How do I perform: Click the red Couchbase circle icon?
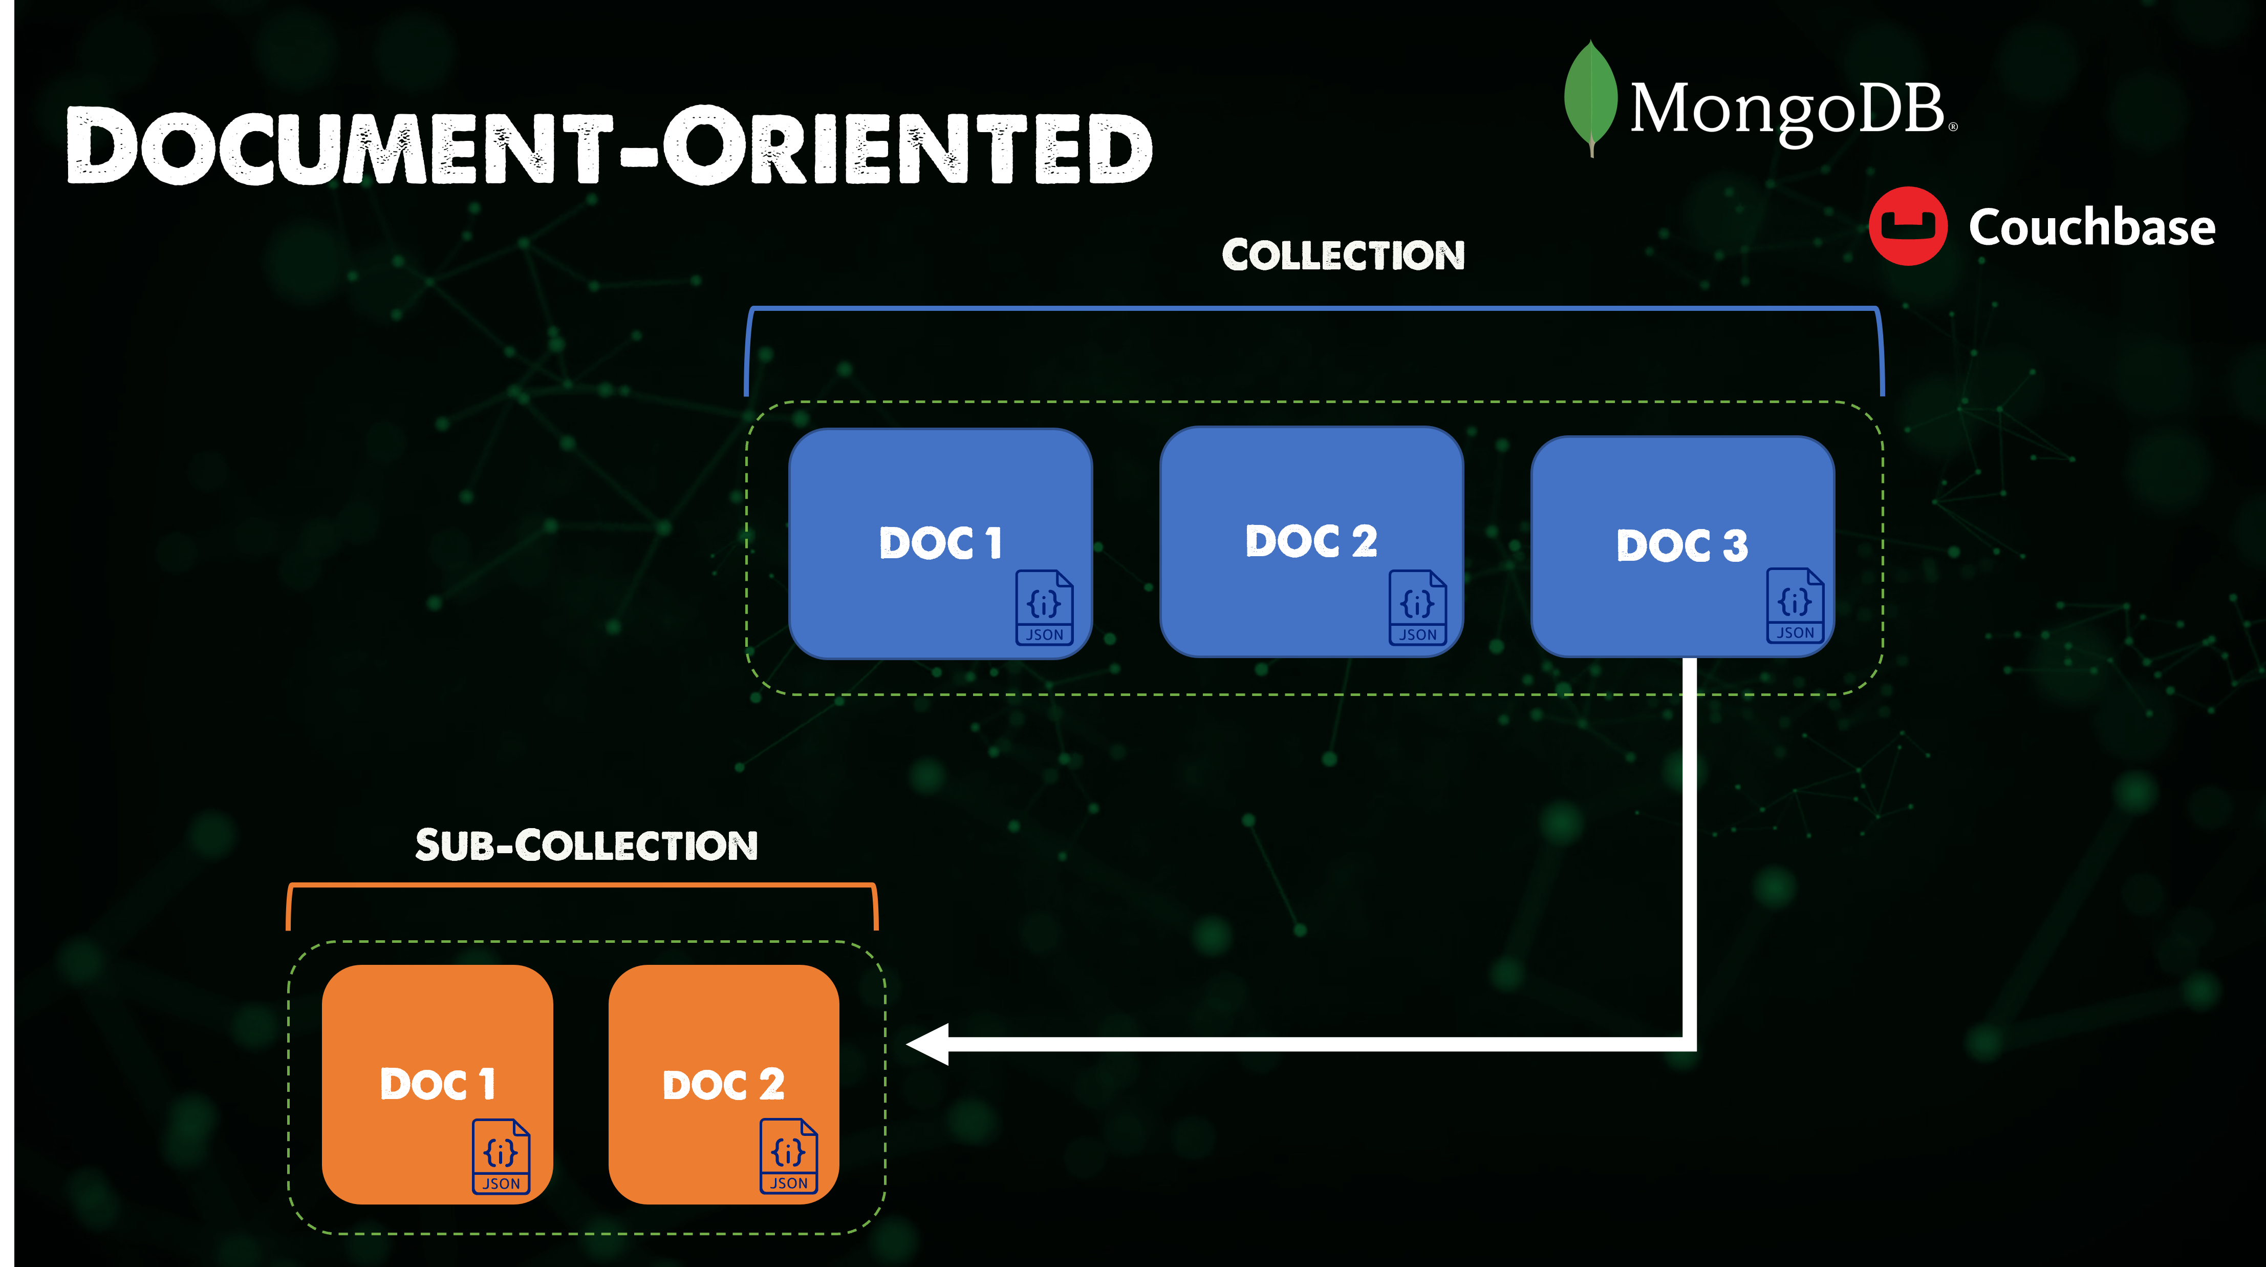[1907, 226]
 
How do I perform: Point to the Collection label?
[1343, 255]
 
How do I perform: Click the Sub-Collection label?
[586, 846]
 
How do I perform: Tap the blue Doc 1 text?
[939, 543]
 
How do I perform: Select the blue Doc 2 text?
[1311, 540]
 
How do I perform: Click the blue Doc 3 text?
[1681, 545]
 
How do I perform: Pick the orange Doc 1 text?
[437, 1084]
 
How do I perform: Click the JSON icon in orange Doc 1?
[501, 1156]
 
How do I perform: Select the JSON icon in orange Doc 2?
[788, 1156]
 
